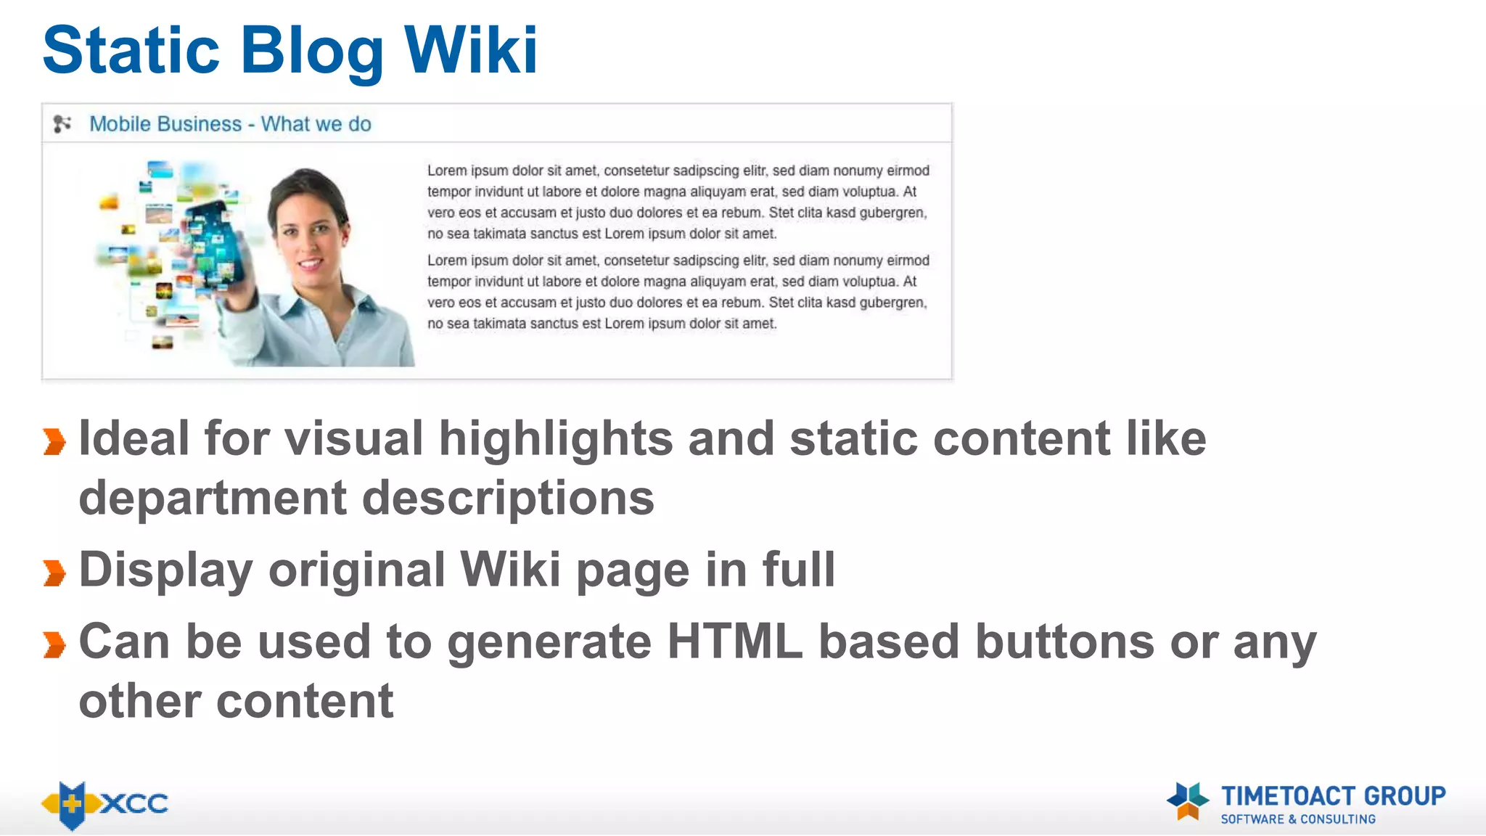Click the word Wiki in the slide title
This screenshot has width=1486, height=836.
tap(470, 50)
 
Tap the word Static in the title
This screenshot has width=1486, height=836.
tap(131, 50)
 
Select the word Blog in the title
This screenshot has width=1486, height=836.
tap(312, 52)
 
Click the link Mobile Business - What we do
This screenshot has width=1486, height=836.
tap(230, 124)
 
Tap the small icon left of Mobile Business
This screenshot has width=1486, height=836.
tap(62, 124)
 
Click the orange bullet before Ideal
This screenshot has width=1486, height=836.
tap(54, 441)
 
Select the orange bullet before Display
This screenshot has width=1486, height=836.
tap(54, 573)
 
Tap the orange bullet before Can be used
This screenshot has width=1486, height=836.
tap(54, 644)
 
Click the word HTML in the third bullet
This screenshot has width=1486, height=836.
tap(734, 642)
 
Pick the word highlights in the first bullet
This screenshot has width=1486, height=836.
tap(556, 440)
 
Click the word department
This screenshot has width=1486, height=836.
tap(213, 499)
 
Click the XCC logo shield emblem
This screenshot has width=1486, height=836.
tap(72, 804)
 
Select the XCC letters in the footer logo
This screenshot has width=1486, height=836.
tap(135, 803)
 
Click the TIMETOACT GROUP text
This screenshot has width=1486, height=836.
tap(1333, 796)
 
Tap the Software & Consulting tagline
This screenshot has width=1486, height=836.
tap(1298, 819)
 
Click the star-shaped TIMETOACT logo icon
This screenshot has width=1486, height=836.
tap(1188, 800)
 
